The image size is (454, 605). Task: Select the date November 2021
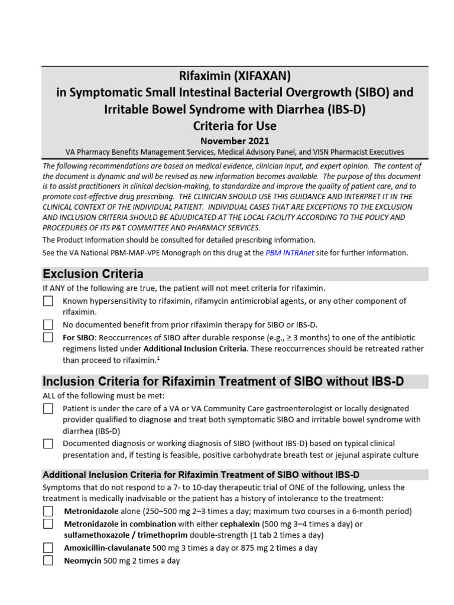[x=235, y=141]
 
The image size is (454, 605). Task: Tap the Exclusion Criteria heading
[x=93, y=274]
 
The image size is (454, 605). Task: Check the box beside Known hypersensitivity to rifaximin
[x=48, y=301]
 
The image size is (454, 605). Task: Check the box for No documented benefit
[x=48, y=324]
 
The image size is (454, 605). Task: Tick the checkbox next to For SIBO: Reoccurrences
[x=48, y=337]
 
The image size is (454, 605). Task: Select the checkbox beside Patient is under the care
[x=48, y=408]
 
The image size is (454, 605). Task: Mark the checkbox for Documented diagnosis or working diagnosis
[x=48, y=443]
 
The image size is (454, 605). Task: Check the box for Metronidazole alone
[x=48, y=511]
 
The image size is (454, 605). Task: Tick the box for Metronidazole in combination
[x=48, y=523]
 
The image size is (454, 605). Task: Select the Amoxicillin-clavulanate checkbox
[x=48, y=548]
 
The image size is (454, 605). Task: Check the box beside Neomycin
[x=48, y=560]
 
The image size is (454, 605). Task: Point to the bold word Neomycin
[x=82, y=561]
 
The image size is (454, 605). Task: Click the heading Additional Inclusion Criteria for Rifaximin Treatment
[x=201, y=474]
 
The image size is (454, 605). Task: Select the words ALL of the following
[x=74, y=395]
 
